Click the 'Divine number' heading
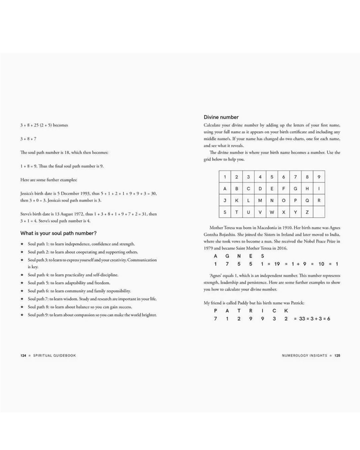221,117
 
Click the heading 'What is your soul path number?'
58,233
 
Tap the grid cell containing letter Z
307,212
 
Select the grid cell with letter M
260,200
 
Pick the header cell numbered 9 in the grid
319,177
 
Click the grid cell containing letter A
225,189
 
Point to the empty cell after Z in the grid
319,212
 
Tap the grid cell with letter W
272,212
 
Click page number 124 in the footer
23,356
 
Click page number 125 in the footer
337,356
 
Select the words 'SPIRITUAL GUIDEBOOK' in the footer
55,356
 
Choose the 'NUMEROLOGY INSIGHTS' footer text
304,356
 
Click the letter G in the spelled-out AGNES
227,256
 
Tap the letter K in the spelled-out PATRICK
286,311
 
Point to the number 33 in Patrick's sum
302,319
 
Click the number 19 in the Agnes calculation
277,264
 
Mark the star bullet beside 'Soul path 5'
22,283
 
